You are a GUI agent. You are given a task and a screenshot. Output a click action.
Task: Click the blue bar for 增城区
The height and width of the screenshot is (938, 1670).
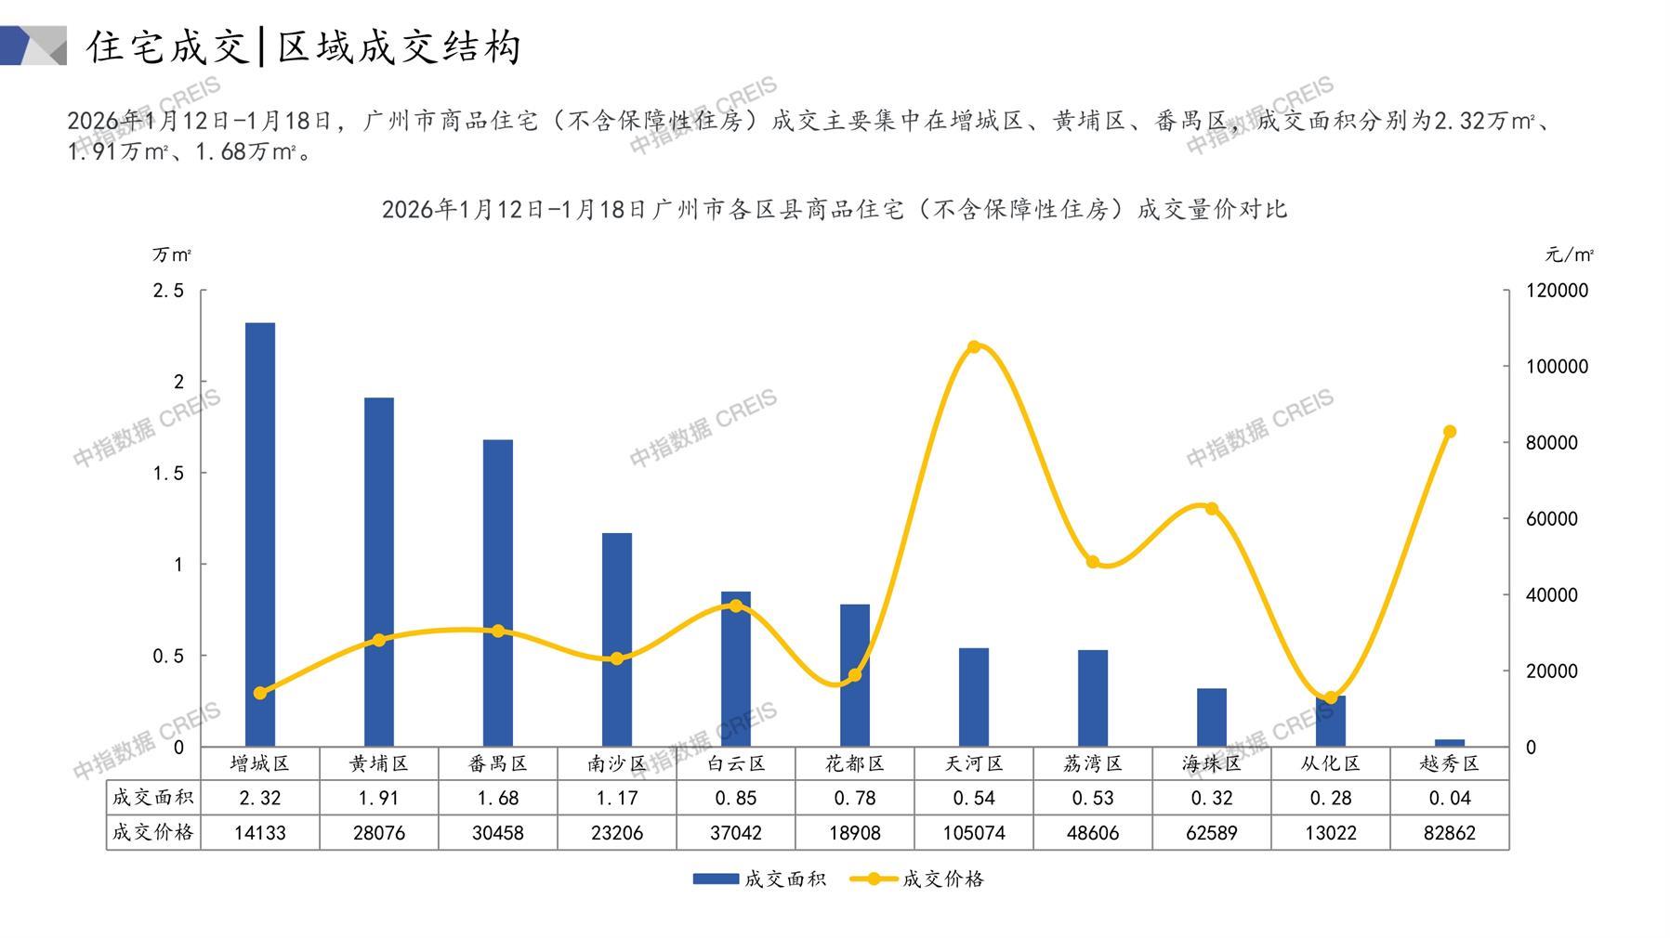260,534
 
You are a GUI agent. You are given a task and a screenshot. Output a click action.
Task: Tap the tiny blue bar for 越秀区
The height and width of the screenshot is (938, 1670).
1450,743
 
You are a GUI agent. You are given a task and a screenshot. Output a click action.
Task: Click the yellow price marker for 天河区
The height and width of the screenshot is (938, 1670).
974,347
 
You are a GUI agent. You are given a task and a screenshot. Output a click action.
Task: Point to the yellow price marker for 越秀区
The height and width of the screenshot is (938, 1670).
1450,432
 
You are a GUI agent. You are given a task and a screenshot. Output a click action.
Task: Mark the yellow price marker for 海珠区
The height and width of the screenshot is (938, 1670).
1212,509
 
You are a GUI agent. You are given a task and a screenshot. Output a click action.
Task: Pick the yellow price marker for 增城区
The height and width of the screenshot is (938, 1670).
260,693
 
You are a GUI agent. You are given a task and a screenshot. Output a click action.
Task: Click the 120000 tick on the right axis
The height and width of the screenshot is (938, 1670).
1558,291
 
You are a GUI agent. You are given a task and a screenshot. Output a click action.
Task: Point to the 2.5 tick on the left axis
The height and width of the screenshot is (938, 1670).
168,291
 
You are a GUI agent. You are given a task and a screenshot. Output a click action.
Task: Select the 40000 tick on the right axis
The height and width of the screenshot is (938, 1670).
1552,595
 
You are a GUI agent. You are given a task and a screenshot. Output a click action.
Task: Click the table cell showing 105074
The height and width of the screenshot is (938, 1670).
974,833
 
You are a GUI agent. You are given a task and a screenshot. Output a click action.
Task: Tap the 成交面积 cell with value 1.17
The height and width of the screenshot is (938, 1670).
617,798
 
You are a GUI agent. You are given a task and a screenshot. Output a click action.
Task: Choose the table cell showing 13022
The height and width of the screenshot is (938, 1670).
1331,833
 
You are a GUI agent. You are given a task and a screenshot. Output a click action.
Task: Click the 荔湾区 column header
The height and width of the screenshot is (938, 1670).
1093,763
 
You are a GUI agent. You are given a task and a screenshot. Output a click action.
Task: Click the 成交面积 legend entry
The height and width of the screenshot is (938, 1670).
759,879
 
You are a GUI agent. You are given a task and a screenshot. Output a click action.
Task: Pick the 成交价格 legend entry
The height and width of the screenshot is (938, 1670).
917,879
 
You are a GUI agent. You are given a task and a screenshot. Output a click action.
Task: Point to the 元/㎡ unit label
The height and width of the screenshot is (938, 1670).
1570,254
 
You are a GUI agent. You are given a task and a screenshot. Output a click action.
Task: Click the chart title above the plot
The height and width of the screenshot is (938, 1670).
835,209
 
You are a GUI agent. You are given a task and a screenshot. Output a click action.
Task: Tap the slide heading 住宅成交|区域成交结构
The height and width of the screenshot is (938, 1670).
305,46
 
